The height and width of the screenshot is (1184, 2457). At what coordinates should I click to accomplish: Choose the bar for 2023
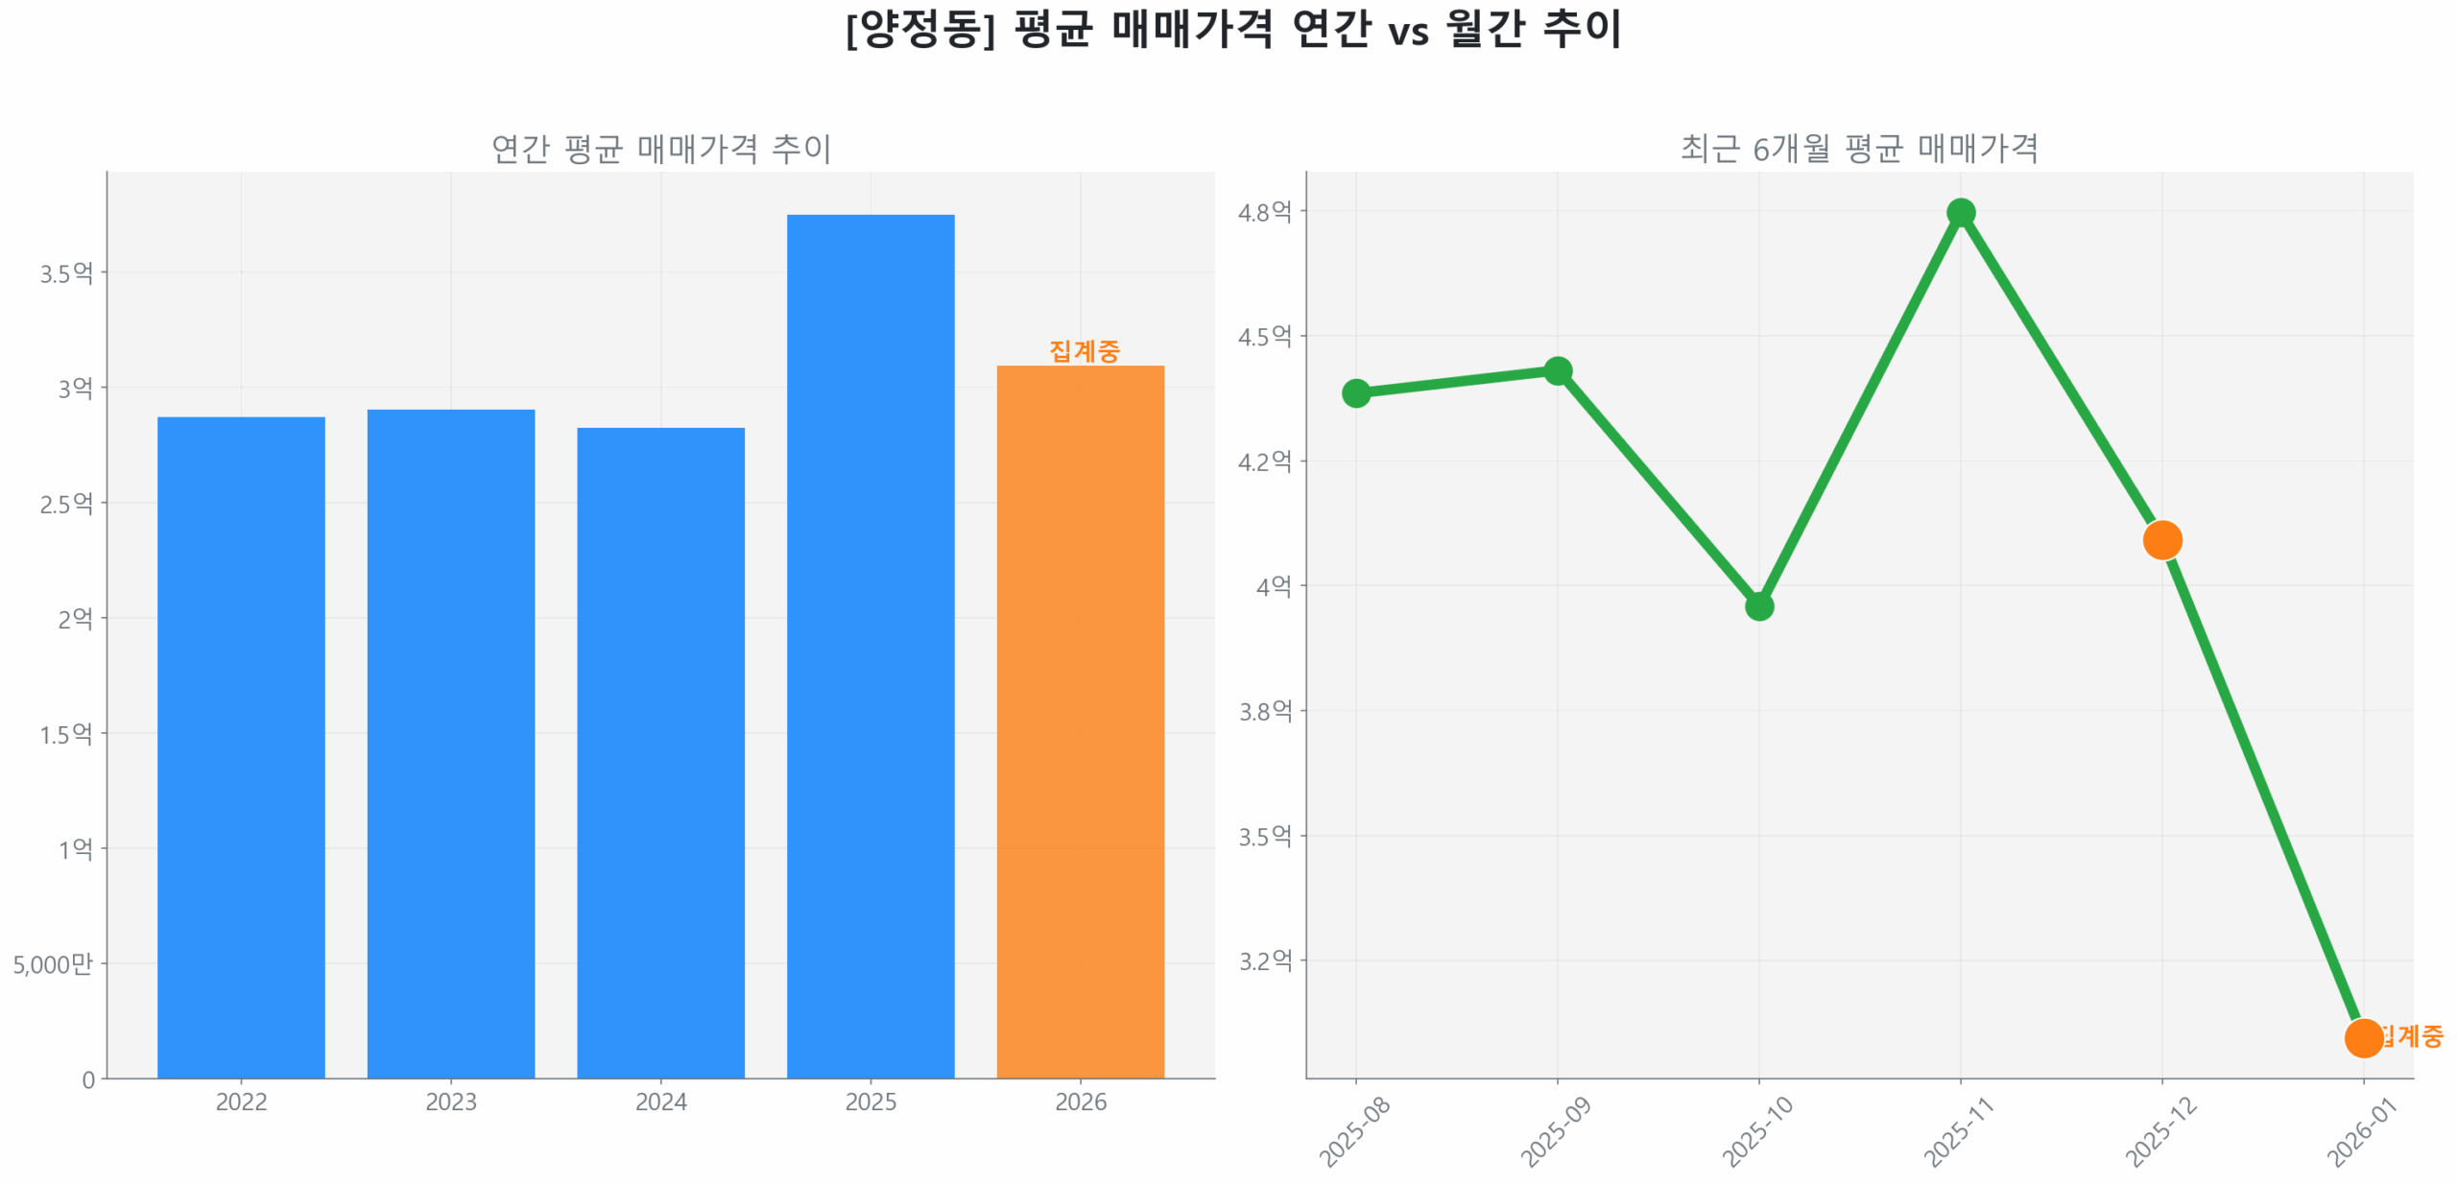pyautogui.click(x=450, y=743)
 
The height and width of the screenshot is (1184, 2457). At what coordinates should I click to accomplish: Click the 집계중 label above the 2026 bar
pyautogui.click(x=1084, y=350)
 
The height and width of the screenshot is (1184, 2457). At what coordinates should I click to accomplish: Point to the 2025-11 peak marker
pyautogui.click(x=1960, y=212)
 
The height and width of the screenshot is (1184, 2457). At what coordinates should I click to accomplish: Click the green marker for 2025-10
pyautogui.click(x=1758, y=605)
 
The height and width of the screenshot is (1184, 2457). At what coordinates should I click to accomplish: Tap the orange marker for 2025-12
pyautogui.click(x=2161, y=539)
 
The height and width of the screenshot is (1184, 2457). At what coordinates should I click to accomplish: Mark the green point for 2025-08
pyautogui.click(x=1355, y=392)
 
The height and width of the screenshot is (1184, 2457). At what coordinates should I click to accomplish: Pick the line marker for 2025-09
pyautogui.click(x=1557, y=370)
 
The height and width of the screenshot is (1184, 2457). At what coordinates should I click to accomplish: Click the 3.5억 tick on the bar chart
pyautogui.click(x=66, y=273)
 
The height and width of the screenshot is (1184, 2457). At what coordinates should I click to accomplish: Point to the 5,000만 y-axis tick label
pyautogui.click(x=53, y=963)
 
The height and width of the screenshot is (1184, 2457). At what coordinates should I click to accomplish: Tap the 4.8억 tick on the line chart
pyautogui.click(x=1264, y=212)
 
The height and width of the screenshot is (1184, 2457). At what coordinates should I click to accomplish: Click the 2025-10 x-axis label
pyautogui.click(x=1756, y=1131)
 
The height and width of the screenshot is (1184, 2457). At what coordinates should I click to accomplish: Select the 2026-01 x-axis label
pyautogui.click(x=2361, y=1131)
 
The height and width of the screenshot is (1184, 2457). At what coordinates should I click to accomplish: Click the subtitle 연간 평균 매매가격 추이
pyautogui.click(x=660, y=149)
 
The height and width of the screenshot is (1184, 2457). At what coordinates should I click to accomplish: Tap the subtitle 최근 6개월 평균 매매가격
pyautogui.click(x=1858, y=149)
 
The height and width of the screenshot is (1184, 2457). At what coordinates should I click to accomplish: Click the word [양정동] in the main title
pyautogui.click(x=919, y=29)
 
